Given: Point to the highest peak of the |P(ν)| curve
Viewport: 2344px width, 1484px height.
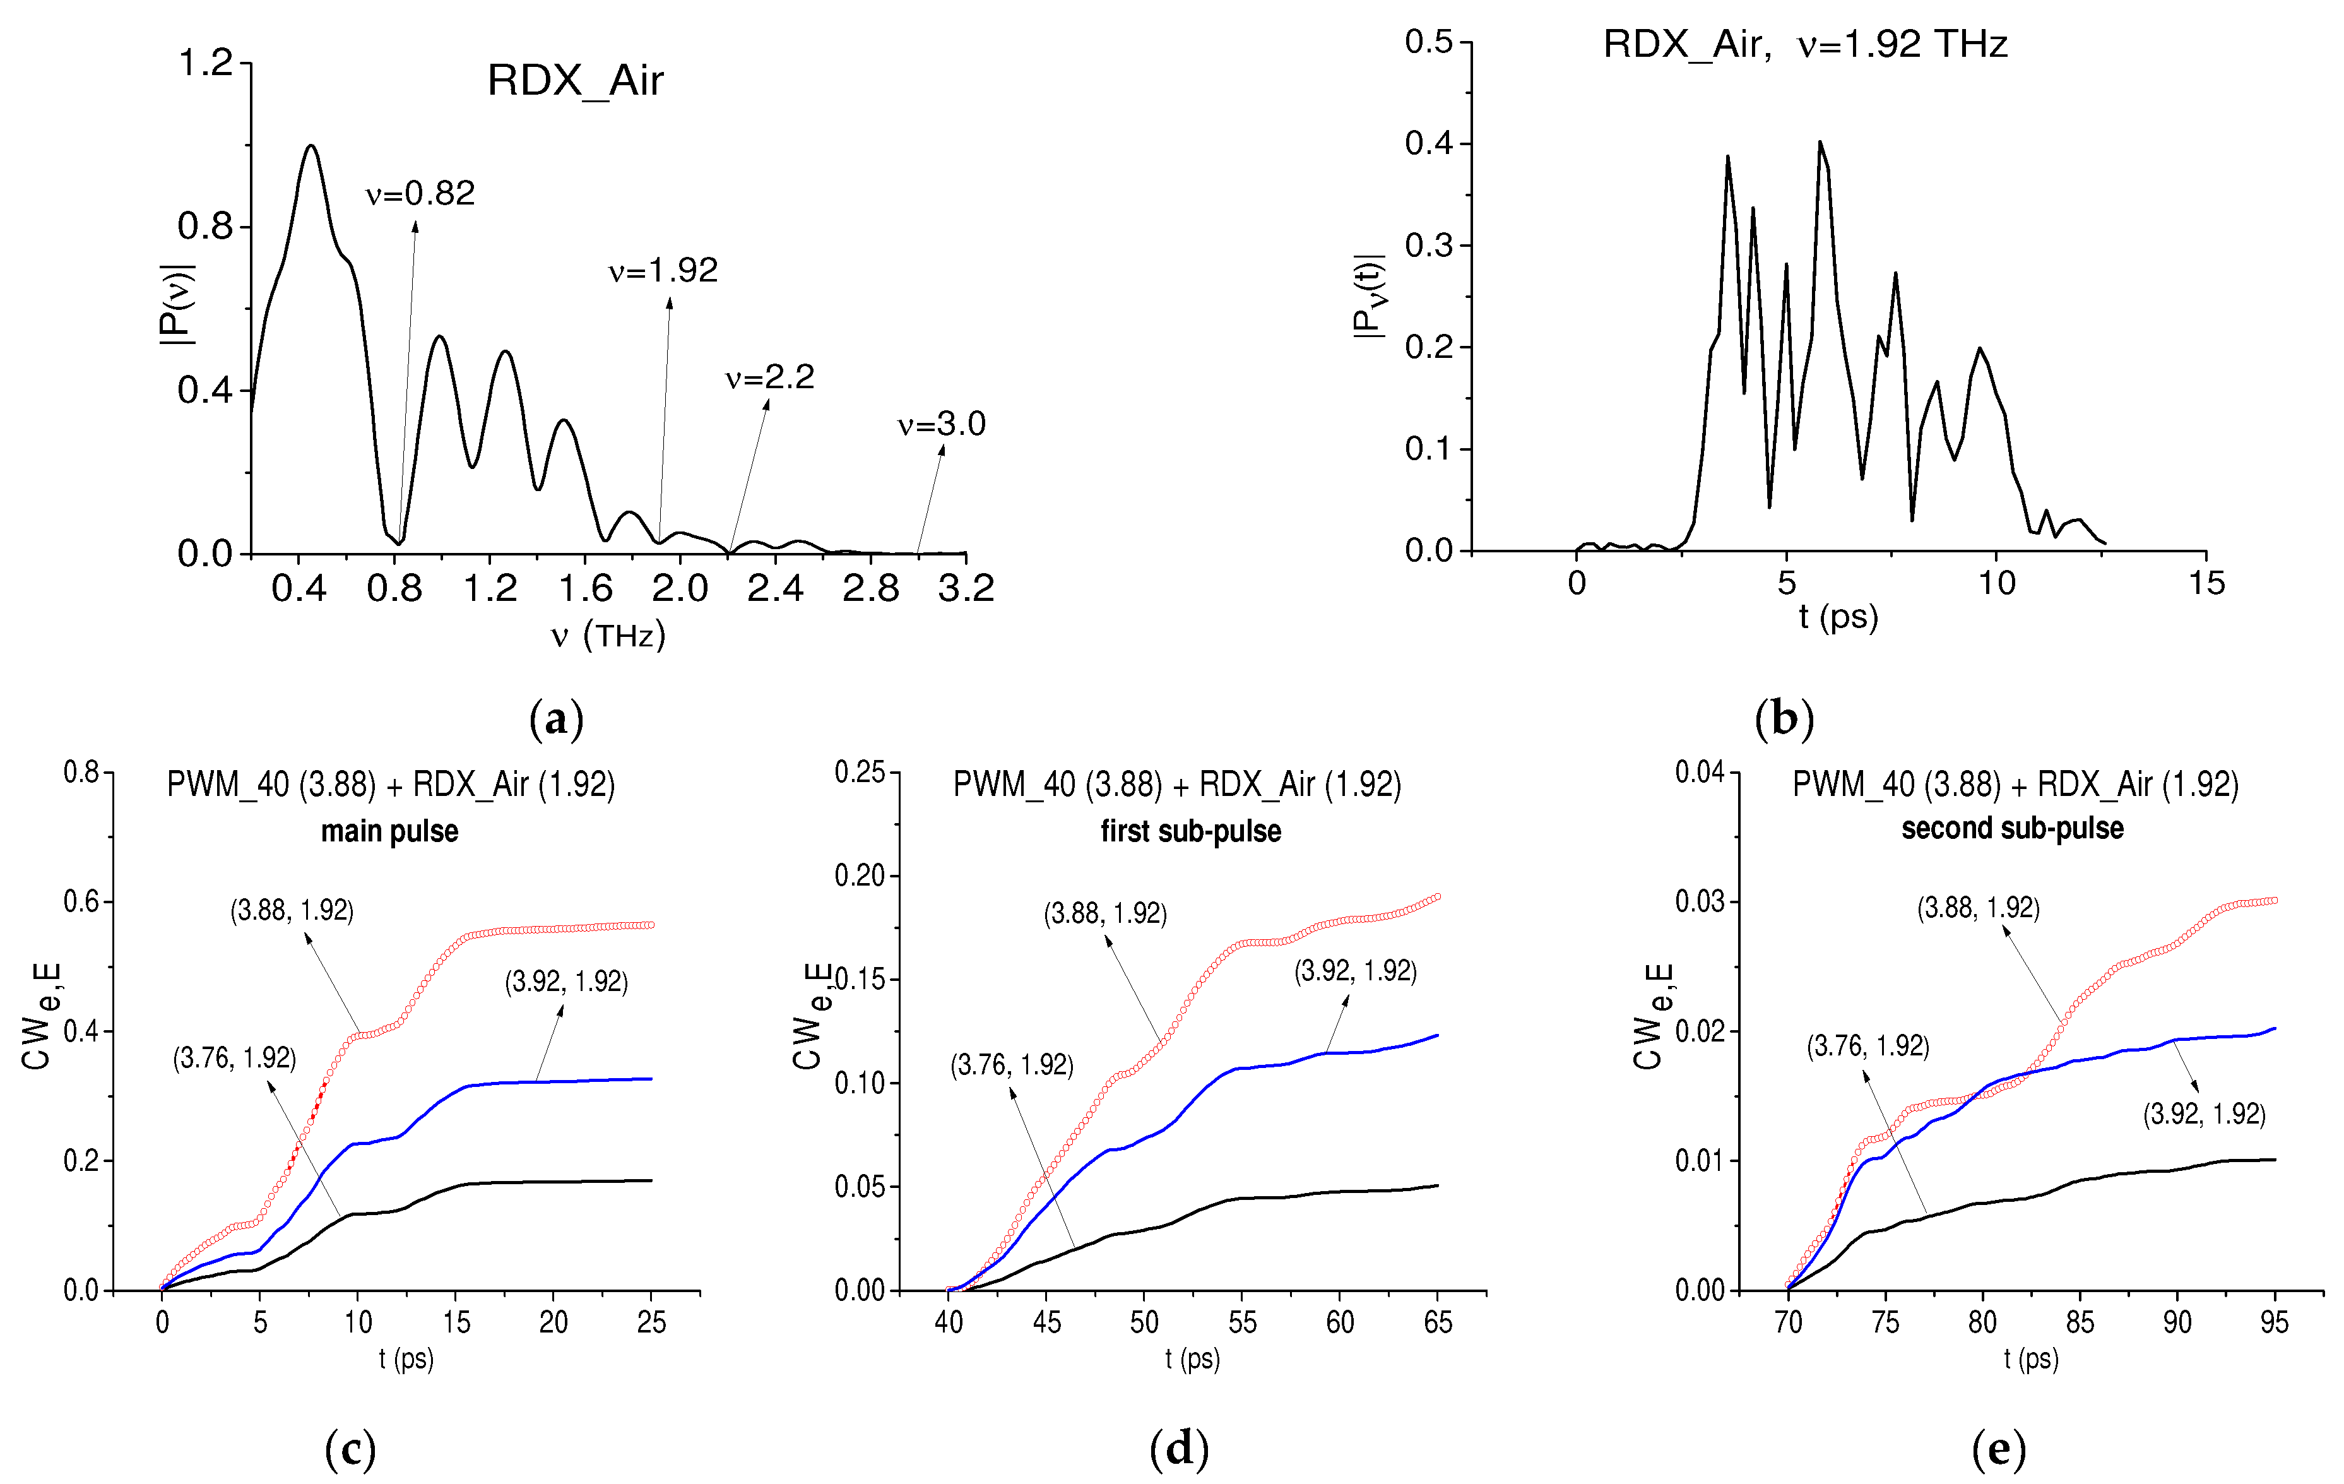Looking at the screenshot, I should tap(312, 146).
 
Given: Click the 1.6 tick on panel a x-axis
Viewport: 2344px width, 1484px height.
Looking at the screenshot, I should tap(585, 588).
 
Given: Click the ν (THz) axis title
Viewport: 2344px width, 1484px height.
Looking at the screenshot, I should tap(608, 636).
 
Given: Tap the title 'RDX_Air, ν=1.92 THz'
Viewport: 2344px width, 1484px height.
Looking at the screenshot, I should tap(1805, 45).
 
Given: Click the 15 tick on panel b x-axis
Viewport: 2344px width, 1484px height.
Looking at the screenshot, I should tap(2206, 583).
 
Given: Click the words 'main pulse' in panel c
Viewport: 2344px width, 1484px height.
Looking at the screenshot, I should tap(389, 831).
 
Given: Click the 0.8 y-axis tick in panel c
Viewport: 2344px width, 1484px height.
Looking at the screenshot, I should tap(82, 772).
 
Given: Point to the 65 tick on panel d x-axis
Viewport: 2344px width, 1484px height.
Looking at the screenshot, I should tap(1438, 1322).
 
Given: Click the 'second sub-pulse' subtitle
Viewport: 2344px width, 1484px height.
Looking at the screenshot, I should tap(2012, 829).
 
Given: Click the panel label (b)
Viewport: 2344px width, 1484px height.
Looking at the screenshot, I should tap(1784, 718).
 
